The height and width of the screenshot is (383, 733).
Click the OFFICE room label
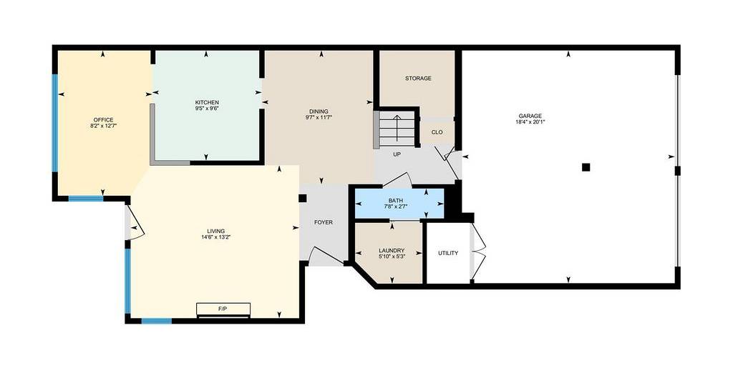coord(103,120)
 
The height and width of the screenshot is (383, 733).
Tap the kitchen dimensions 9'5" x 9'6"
coord(207,108)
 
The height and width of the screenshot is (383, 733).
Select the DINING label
coord(319,111)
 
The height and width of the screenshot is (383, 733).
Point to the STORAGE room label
coord(418,79)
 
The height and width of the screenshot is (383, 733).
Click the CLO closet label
coord(437,132)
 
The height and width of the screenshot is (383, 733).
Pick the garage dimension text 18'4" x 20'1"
coord(530,122)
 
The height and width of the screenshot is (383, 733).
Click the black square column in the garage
coord(586,167)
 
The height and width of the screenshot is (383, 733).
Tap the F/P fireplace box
coord(223,309)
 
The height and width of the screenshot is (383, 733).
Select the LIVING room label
coord(216,231)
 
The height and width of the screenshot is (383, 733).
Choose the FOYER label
coord(324,222)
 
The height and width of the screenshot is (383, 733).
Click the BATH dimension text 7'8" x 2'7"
coord(395,207)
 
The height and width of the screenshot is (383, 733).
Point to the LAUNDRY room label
coord(392,251)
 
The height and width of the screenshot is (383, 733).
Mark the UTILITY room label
coord(448,253)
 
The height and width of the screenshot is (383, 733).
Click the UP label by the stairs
coord(397,154)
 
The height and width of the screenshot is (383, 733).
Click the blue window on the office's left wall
coord(54,123)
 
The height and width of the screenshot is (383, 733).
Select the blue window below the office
coord(86,198)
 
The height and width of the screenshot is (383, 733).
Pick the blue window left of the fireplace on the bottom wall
coord(157,321)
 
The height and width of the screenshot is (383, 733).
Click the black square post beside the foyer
coord(303,198)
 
